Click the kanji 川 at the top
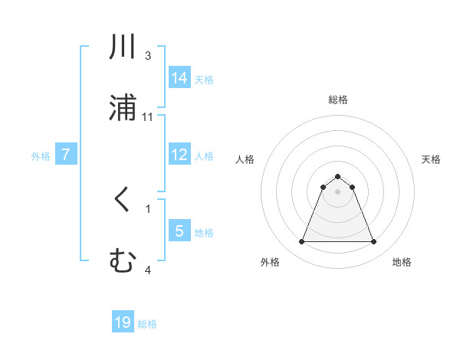(x=123, y=47)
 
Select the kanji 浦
(x=123, y=107)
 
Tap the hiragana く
(x=123, y=201)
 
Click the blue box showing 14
(x=179, y=77)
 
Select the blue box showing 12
(x=179, y=155)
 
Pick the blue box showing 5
(x=179, y=231)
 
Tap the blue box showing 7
(x=66, y=155)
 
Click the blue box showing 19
(x=123, y=322)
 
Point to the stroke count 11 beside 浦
(x=148, y=116)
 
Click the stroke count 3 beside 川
(x=148, y=56)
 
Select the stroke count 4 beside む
(x=148, y=270)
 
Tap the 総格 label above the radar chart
(x=338, y=100)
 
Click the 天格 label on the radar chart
(x=432, y=159)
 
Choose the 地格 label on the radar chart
(x=402, y=262)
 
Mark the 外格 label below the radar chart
(x=270, y=262)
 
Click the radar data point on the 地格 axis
(x=373, y=242)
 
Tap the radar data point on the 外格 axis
(x=301, y=242)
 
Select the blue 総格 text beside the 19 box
(x=147, y=324)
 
